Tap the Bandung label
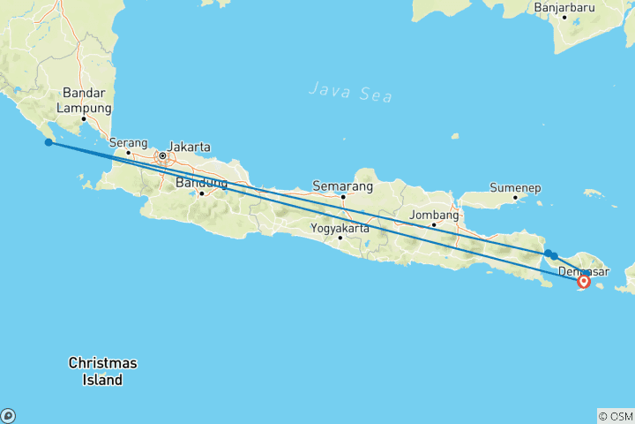(x=202, y=183)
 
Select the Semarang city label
(x=342, y=186)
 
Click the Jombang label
(x=434, y=215)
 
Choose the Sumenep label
(x=515, y=188)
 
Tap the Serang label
(x=128, y=141)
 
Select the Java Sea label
(x=351, y=89)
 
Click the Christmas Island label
(x=103, y=371)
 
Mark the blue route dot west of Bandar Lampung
(x=49, y=142)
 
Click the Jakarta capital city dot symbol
(x=162, y=156)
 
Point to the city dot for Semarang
(x=343, y=196)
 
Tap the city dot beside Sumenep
(x=515, y=197)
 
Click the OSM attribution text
(x=615, y=415)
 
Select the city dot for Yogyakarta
(x=340, y=237)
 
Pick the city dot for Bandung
(x=202, y=193)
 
